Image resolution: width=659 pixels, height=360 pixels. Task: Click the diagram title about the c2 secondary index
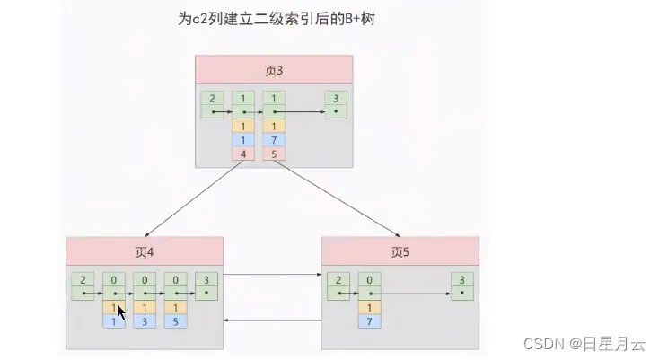[276, 19]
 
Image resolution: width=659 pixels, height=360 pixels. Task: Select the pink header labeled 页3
[275, 70]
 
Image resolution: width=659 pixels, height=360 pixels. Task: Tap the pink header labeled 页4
[144, 252]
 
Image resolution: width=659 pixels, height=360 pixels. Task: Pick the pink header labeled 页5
[400, 252]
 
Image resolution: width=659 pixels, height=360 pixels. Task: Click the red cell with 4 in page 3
[243, 154]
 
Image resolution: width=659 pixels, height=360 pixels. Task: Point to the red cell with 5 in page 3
[274, 154]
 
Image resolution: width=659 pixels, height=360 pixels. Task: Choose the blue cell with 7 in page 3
[274, 140]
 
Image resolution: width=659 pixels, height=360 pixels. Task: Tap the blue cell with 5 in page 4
[175, 320]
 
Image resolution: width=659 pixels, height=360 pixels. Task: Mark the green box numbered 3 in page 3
[335, 104]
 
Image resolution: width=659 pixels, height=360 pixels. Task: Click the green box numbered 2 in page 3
[213, 104]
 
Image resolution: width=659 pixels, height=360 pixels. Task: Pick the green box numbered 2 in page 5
[338, 285]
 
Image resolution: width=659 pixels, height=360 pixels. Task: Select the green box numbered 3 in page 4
[206, 285]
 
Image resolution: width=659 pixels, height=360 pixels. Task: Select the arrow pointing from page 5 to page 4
[273, 320]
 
